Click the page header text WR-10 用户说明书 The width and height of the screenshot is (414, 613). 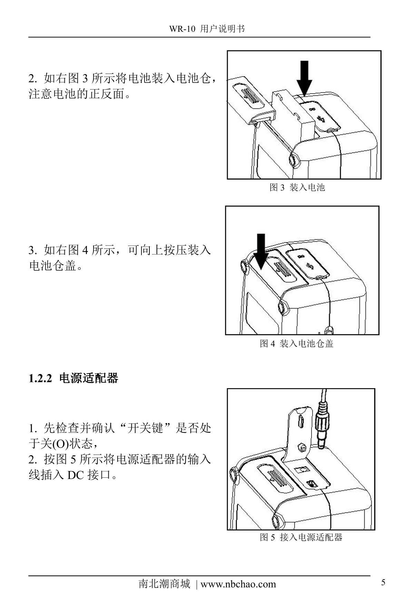(207, 29)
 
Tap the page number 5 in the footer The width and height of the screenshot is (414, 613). (383, 582)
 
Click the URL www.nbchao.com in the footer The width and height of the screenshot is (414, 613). (238, 584)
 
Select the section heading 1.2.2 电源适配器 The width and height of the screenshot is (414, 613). (73, 378)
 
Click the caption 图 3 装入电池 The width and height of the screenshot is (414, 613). (297, 188)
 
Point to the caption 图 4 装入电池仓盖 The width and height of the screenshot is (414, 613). (296, 343)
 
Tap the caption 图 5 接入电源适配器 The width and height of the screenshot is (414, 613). (301, 537)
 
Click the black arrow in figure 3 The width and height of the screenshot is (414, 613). (304, 78)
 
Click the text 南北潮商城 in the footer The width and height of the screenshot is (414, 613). (164, 584)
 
